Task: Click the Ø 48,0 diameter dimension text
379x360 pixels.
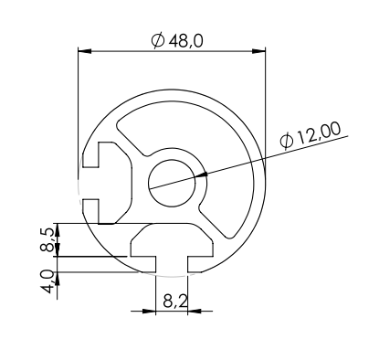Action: click(177, 41)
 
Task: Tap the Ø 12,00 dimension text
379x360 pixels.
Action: click(311, 136)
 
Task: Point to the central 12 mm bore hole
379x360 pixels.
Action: click(172, 183)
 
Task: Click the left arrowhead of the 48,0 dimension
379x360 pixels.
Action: click(85, 51)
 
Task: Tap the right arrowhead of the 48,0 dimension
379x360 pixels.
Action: click(258, 51)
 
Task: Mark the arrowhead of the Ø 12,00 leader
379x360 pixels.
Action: click(202, 175)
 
